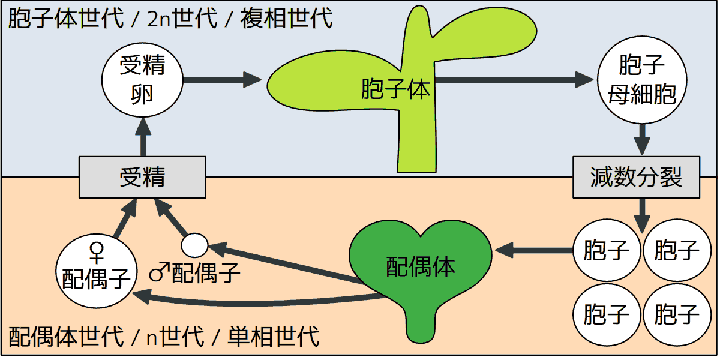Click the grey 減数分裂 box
click(636, 177)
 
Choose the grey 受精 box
click(143, 177)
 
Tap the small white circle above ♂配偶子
click(194, 245)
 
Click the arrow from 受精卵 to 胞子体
click(222, 79)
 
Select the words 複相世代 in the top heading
click(287, 18)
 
